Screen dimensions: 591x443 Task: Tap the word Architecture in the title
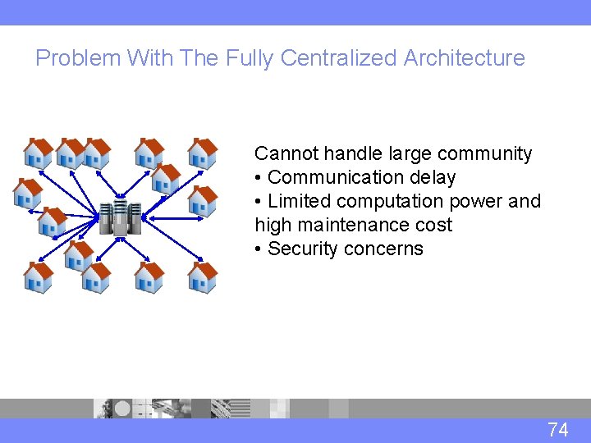(x=465, y=58)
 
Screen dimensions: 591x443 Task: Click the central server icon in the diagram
(x=120, y=218)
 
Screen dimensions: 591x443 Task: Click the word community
(x=485, y=153)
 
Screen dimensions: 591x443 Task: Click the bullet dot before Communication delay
(x=259, y=178)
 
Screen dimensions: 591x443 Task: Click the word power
(x=479, y=202)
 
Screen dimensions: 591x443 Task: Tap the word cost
(x=433, y=226)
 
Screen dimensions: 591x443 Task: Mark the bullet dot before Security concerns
(x=259, y=249)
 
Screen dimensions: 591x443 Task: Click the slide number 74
(x=558, y=429)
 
